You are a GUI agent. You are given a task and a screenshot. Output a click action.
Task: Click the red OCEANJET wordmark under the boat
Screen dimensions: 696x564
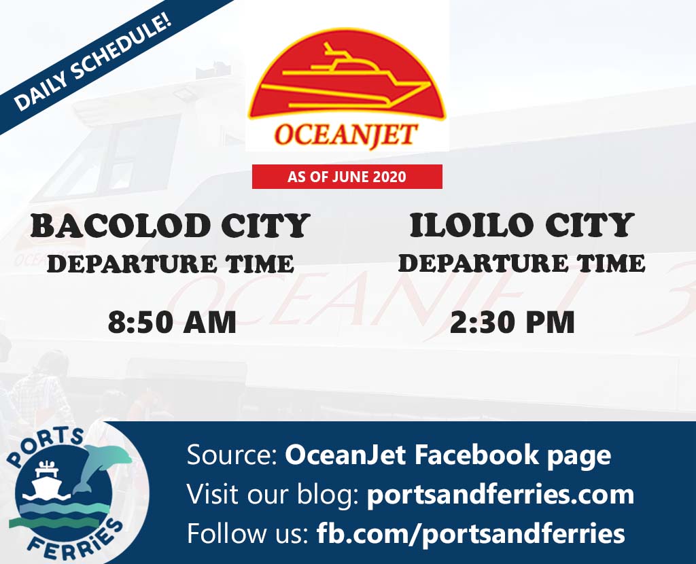[346, 135]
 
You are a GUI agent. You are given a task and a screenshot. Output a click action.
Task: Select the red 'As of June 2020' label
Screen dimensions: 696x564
[347, 177]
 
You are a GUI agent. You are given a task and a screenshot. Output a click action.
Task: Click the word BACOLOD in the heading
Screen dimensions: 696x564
[120, 226]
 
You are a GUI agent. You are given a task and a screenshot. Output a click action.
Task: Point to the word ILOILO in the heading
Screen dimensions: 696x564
[472, 225]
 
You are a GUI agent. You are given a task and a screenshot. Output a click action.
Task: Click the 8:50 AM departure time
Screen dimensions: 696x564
[172, 322]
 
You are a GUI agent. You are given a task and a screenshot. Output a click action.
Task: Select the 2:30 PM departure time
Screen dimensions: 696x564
[512, 322]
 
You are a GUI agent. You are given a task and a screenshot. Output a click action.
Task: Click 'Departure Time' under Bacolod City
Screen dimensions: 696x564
[171, 264]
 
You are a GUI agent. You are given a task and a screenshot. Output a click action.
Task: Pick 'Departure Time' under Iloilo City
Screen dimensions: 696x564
[521, 263]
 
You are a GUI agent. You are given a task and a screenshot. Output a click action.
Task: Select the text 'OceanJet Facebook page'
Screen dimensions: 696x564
[448, 455]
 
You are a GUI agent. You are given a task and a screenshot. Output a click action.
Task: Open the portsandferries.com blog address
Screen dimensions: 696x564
[500, 494]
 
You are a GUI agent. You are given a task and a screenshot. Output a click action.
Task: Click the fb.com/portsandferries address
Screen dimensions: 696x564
[470, 533]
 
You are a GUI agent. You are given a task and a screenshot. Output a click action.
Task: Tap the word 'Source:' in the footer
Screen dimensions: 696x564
[232, 455]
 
